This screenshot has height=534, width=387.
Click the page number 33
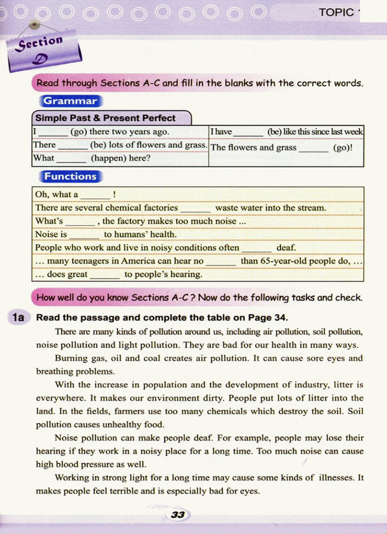tap(178, 515)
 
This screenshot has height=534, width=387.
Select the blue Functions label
tap(70, 177)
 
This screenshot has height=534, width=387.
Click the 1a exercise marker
tap(18, 317)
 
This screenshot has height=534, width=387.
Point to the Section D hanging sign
tap(43, 51)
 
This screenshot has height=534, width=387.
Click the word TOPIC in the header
tap(336, 12)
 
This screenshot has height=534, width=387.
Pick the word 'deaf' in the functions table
tap(286, 248)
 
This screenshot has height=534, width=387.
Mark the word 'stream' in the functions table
tap(312, 208)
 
